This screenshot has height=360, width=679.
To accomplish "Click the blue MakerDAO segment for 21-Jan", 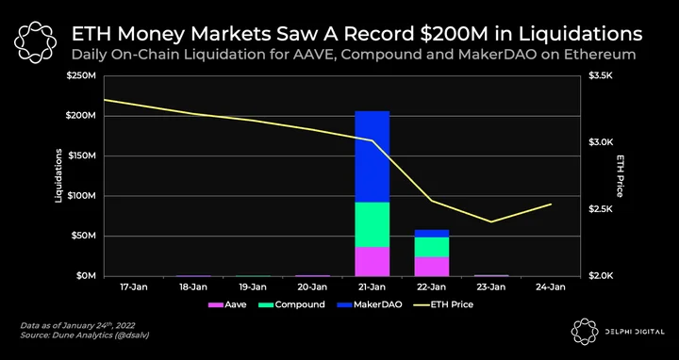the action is click(372, 156).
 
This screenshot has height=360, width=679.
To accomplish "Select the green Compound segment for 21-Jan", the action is click(372, 224).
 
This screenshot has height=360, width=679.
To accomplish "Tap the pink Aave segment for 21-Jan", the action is click(372, 261).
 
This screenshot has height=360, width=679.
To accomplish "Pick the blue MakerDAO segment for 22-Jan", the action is click(432, 234).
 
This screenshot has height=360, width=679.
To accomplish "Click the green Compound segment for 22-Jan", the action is click(432, 248).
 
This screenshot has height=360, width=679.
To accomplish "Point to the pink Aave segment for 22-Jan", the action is click(432, 267).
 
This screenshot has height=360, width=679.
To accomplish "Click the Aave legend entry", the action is click(227, 304).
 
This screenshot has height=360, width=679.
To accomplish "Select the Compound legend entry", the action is click(292, 304).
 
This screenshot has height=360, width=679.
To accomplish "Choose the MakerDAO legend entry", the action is click(370, 304).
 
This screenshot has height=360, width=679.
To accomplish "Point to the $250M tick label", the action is click(84, 76).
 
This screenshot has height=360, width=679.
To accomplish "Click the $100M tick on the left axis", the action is click(84, 196).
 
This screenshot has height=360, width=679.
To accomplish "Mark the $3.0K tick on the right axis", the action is click(601, 142).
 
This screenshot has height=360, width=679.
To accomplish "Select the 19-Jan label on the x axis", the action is click(253, 287).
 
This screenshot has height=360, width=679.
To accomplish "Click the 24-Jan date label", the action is click(552, 287).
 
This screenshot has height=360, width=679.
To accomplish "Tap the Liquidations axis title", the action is click(58, 175).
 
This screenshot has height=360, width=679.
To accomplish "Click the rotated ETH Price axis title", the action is click(620, 175).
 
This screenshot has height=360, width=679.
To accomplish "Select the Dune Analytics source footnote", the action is click(85, 335).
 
